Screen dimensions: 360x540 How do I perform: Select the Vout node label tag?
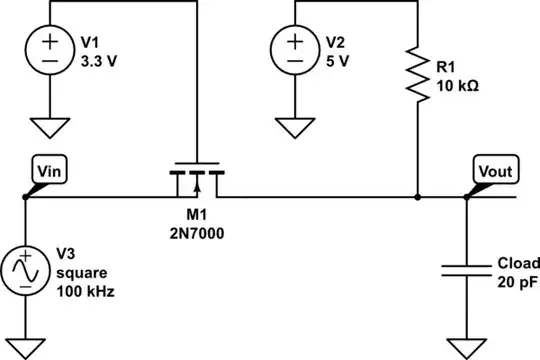click(x=495, y=171)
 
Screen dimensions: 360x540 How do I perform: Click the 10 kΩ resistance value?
click(x=459, y=86)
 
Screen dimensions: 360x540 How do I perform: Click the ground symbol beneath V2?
click(x=295, y=128)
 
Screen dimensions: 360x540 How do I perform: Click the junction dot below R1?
click(x=417, y=197)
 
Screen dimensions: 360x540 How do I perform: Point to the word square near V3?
click(x=79, y=272)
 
